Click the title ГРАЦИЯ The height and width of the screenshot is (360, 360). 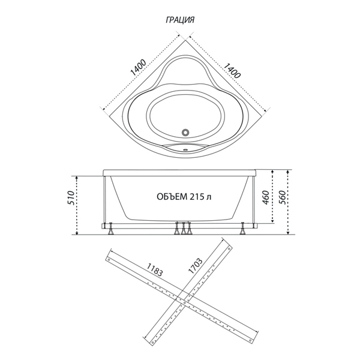click(180, 20)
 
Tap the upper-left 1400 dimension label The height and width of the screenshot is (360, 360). click(138, 68)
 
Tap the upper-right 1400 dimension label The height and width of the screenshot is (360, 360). click(232, 70)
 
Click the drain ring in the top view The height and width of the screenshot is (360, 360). click(185, 132)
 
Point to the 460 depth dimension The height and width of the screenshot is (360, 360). click(266, 197)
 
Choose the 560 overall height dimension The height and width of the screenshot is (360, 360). click(282, 197)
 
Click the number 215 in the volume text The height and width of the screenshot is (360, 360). click(197, 197)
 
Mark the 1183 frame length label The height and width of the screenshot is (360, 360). click(155, 269)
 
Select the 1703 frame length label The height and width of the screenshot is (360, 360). click(196, 266)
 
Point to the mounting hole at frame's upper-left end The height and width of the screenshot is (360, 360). click(109, 260)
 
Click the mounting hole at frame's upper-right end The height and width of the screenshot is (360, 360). click(229, 249)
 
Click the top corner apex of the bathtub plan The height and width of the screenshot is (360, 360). click(185, 40)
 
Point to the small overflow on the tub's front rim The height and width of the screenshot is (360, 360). click(185, 151)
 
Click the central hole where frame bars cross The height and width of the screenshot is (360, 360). click(184, 303)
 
